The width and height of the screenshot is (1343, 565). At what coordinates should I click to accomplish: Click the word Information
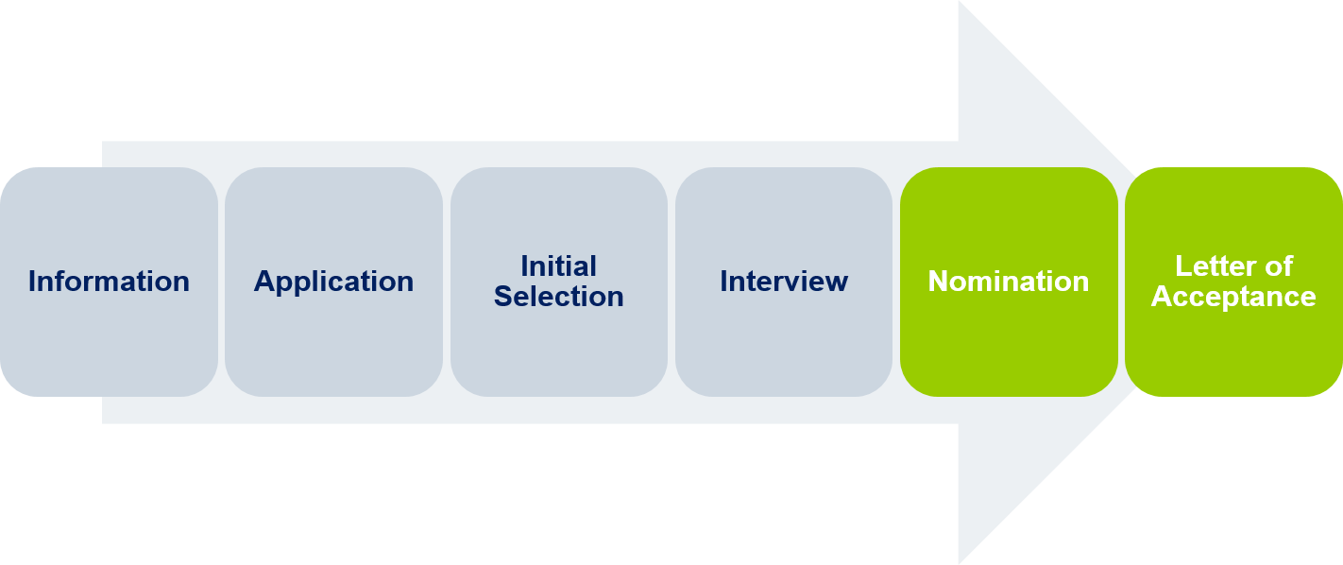pos(109,282)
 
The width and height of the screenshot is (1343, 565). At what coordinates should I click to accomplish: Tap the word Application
pos(333,282)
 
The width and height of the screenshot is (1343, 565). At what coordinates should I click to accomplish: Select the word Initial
pos(558,265)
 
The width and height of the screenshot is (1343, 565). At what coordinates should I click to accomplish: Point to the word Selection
pos(558,297)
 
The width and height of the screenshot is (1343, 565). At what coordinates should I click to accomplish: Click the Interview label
pos(784,282)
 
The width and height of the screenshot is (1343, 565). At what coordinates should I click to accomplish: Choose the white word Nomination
pos(1009,282)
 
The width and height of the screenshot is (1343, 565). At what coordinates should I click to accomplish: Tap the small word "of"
pos(1281,265)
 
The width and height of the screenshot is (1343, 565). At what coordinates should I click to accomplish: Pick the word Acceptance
pos(1233,297)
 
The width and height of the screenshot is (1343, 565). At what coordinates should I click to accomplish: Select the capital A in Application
pos(264,282)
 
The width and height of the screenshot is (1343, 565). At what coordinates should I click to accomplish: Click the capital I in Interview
pos(724,282)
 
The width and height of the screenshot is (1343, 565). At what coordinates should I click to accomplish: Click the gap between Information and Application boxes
pos(221,282)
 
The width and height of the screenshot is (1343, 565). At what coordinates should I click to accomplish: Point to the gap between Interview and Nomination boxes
pos(896,282)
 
